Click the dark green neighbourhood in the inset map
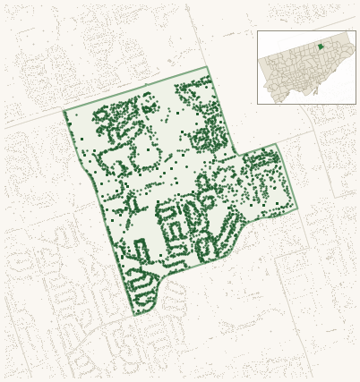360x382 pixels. pyautogui.click(x=320, y=47)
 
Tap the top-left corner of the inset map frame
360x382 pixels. pyautogui.click(x=258, y=31)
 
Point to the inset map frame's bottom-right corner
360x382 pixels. pyautogui.click(x=356, y=104)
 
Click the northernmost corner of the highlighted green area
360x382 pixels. pyautogui.click(x=208, y=67)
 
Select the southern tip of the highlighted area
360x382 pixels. pyautogui.click(x=135, y=315)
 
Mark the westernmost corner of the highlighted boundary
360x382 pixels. pyautogui.click(x=64, y=111)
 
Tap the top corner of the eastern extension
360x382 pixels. pyautogui.click(x=276, y=144)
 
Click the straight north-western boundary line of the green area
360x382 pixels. pyautogui.click(x=134, y=89)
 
